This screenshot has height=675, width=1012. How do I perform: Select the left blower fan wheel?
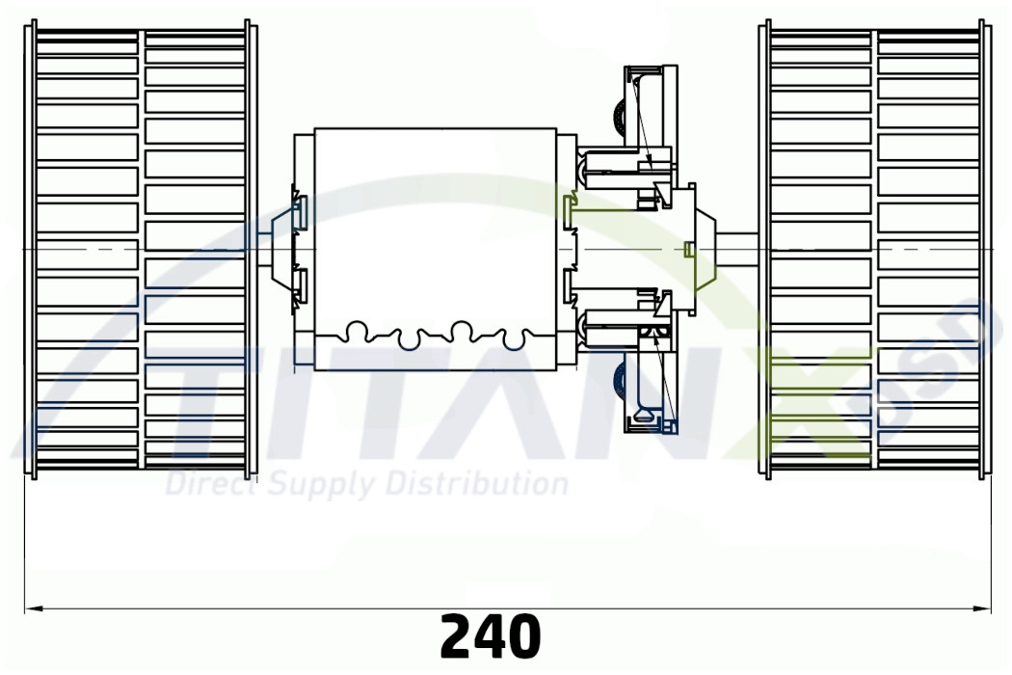141,249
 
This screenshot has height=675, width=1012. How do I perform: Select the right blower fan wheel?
875,249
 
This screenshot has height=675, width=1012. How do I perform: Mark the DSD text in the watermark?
925,362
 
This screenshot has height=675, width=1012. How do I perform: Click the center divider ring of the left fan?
142,249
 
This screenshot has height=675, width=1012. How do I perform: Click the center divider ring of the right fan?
874,249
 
